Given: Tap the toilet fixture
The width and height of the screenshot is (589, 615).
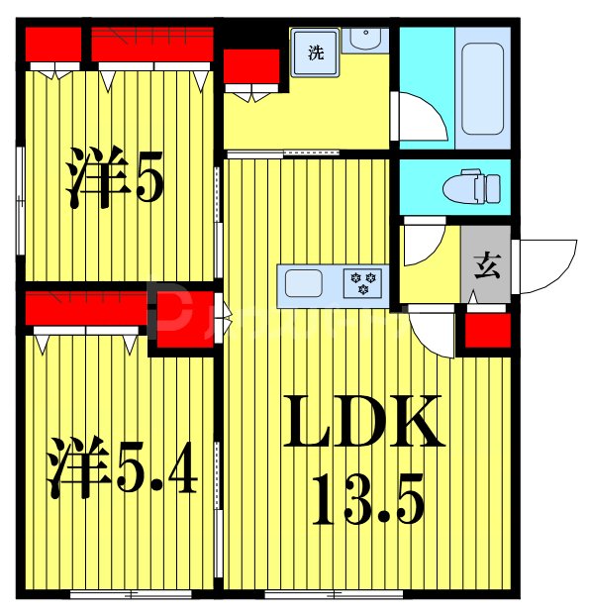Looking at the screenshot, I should click(x=474, y=186).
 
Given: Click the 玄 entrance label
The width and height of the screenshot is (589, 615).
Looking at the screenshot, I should click(x=485, y=265).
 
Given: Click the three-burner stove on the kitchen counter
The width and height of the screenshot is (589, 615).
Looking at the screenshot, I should click(x=358, y=283).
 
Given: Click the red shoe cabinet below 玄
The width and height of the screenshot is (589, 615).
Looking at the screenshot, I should click(x=486, y=331).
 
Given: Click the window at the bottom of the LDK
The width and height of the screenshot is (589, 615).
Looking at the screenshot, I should click(x=334, y=593).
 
